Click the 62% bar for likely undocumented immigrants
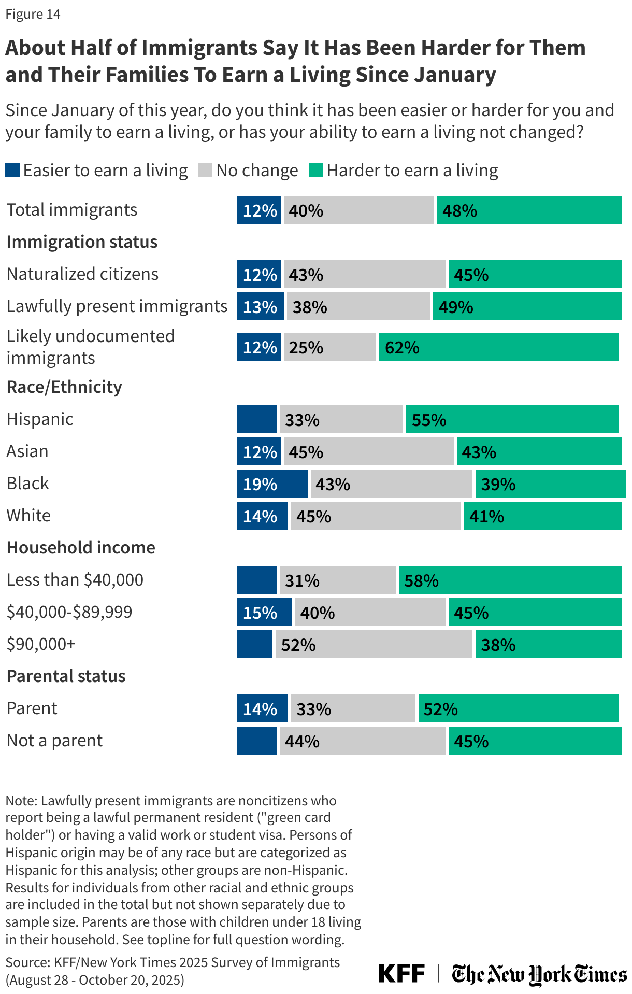498,347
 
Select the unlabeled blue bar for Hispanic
257,419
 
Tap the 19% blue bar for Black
272,484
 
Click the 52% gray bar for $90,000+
374,644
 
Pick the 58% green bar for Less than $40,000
510,580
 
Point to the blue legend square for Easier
12,170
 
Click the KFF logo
401,973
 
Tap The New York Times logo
539,974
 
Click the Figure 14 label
33,14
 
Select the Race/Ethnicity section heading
64,387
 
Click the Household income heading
81,548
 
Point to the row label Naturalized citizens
82,274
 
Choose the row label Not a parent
54,741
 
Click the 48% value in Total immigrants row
459,210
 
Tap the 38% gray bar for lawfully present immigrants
358,306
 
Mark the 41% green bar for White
542,516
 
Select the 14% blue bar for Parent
262,708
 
